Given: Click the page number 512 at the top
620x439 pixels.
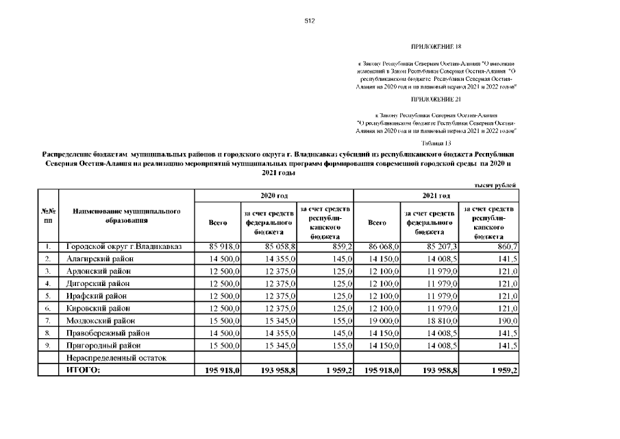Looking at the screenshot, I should [x=309, y=21].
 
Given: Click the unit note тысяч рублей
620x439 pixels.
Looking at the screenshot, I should [x=495, y=186].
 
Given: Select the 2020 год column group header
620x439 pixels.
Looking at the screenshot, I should [x=274, y=195].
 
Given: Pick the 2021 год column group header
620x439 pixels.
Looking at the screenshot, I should [x=436, y=195].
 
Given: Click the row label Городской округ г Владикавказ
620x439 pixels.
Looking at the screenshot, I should [x=123, y=246].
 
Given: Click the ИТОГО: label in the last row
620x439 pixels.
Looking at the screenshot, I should [x=83, y=370].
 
